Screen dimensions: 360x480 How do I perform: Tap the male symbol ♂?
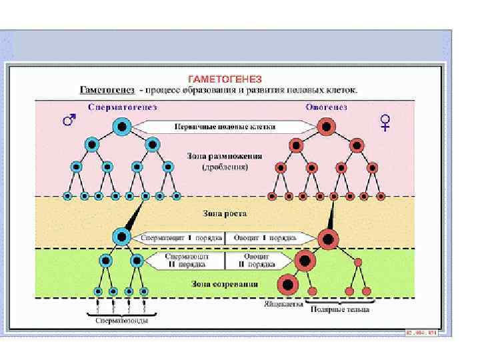pos(68,120)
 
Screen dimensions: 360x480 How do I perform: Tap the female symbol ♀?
pos(385,122)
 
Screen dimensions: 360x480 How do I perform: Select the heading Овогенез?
pos(327,107)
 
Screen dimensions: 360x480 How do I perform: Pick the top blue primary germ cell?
pos(122,125)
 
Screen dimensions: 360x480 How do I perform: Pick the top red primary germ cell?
pos(327,125)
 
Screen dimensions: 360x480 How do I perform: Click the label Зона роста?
pos(224,214)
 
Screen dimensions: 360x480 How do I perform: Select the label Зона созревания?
pos(224,285)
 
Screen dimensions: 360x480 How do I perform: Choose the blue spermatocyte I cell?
pos(121,235)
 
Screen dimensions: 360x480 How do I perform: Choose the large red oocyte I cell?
pos(327,238)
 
